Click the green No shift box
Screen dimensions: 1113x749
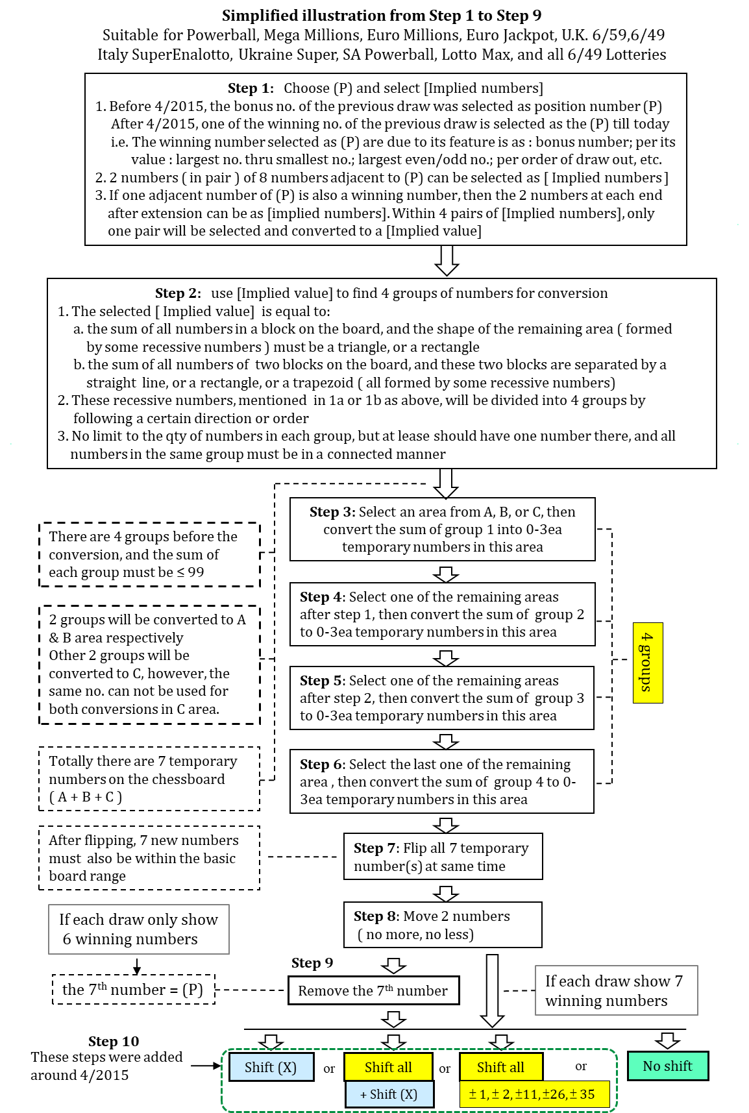click(667, 1066)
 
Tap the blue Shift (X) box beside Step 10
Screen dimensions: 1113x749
click(270, 1067)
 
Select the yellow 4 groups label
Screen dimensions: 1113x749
click(647, 663)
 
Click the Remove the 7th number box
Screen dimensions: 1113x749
click(373, 990)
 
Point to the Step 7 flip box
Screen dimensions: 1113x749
click(443, 857)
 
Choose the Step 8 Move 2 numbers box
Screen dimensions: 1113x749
click(443, 925)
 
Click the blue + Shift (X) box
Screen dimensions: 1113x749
click(389, 1094)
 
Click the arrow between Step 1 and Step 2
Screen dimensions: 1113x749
click(447, 261)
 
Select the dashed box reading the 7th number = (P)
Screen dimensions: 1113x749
click(133, 990)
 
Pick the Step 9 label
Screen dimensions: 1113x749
click(312, 963)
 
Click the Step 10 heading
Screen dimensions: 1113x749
click(114, 1042)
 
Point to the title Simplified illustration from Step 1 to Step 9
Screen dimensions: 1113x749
click(382, 16)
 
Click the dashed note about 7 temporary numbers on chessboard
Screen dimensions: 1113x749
click(149, 779)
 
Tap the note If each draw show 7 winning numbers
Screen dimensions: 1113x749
click(616, 990)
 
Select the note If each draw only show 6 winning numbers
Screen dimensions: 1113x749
click(139, 929)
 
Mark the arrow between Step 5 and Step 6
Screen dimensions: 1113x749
click(445, 740)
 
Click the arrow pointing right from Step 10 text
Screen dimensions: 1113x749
click(206, 1066)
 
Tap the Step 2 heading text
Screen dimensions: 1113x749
click(178, 293)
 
